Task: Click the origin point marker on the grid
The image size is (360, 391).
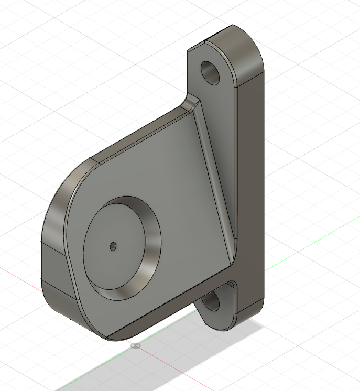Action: click(x=136, y=346)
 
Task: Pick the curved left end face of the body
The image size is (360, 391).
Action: click(x=52, y=220)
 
